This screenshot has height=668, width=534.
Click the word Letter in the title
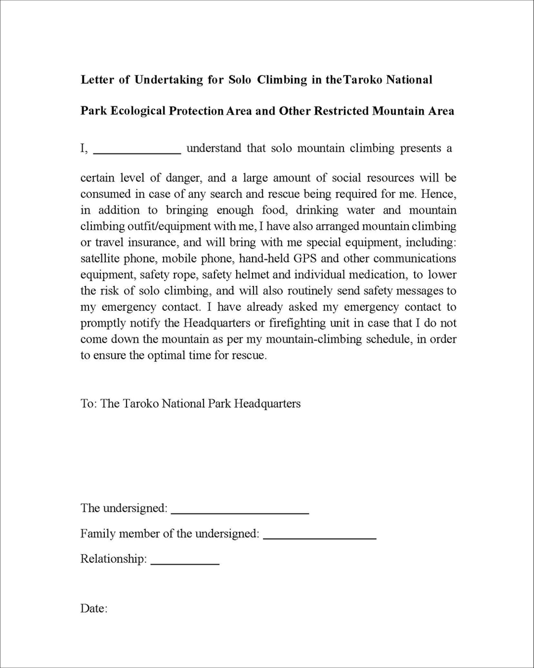pos(97,80)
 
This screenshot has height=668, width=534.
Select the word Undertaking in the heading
pos(169,80)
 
